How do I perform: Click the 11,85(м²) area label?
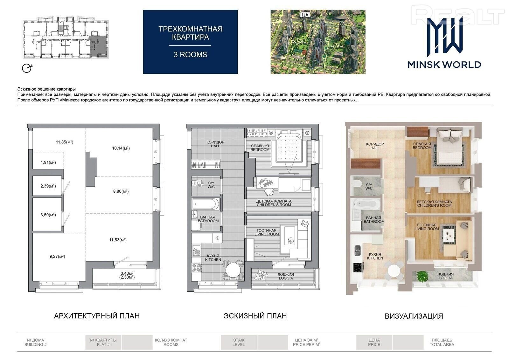coord(65,142)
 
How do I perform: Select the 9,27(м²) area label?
coord(57,256)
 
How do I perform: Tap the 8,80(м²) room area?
coord(121,191)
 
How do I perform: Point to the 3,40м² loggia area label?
coord(127,273)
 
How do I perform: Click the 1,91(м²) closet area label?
coord(48,163)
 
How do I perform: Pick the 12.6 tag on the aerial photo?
coord(304,15)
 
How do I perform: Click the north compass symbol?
coord(27,68)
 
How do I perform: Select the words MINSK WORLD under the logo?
coord(444,65)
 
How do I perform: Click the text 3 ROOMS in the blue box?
coord(191,55)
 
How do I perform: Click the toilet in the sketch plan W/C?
coord(198,183)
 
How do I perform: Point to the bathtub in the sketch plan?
coord(206,204)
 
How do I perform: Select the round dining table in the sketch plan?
coord(233,270)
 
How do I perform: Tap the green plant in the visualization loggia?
coord(422,276)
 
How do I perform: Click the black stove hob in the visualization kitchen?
coord(358,267)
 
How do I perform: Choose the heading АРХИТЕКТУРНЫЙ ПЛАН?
coord(97,316)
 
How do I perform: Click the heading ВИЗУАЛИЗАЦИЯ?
coord(414,316)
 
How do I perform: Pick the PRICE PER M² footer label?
coord(306,344)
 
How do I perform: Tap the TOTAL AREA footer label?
coord(442,344)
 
